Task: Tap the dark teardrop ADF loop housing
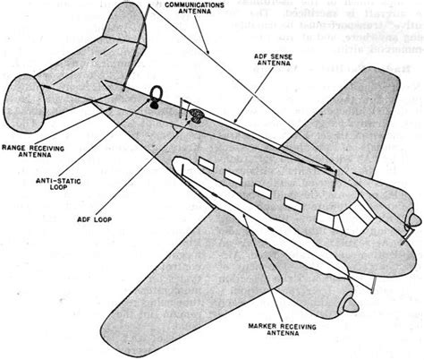[x=195, y=116]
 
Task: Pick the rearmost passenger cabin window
[x=200, y=164]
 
